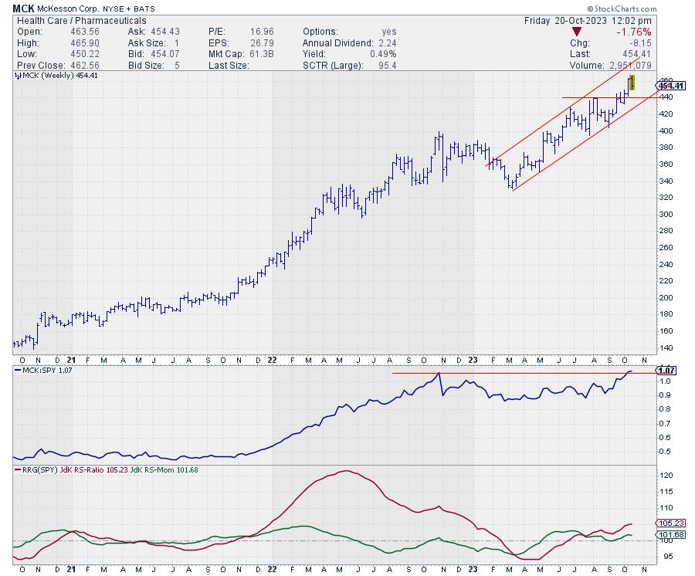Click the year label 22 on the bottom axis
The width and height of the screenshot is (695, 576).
click(272, 360)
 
